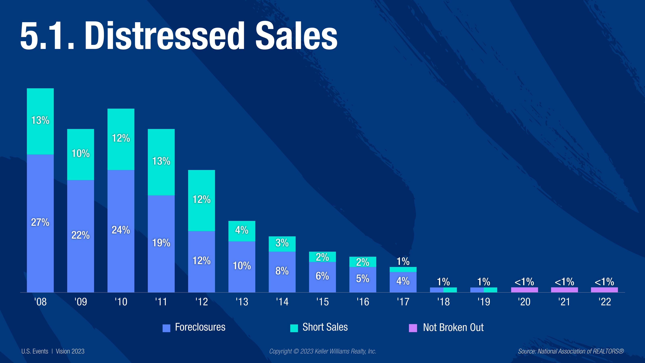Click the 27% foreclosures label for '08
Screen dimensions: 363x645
(x=40, y=222)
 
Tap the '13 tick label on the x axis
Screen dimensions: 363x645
(x=242, y=302)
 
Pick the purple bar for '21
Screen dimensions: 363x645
(x=564, y=290)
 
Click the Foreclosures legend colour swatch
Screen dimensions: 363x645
(x=166, y=328)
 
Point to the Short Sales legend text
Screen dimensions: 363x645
(x=325, y=327)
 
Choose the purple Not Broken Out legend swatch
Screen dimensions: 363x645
(x=413, y=328)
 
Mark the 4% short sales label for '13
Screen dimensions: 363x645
(x=242, y=230)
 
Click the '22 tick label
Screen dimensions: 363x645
(x=604, y=302)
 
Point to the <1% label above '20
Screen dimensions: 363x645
(x=524, y=282)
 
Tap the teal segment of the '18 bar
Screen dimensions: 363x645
(x=450, y=290)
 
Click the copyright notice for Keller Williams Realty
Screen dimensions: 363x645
(x=322, y=351)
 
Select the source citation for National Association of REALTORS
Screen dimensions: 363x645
(x=571, y=351)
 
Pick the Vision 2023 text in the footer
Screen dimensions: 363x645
(x=70, y=351)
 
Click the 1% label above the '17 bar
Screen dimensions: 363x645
(x=403, y=262)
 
